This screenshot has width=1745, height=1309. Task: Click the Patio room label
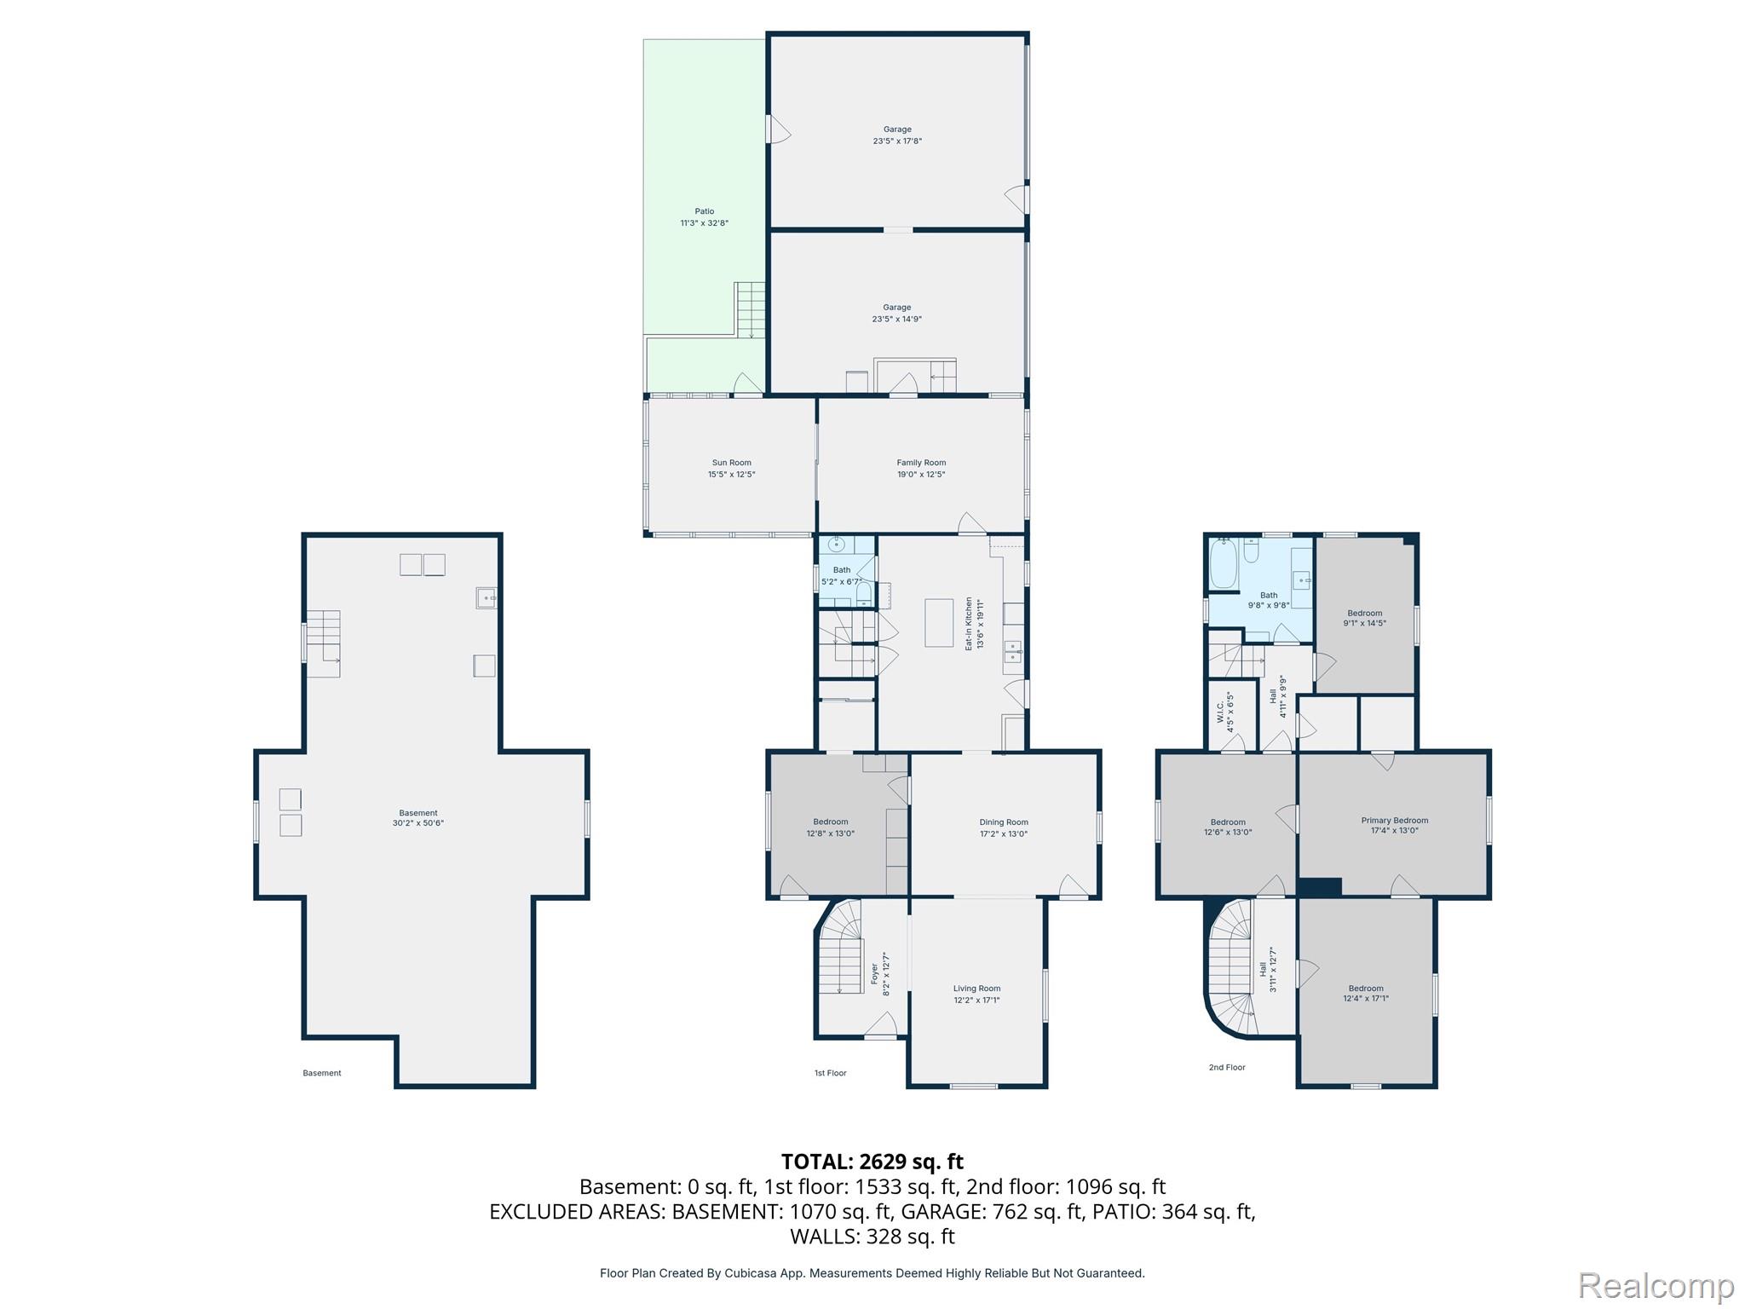704,211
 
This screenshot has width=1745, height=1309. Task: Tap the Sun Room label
732,463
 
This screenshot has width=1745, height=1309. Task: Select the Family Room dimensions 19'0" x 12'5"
921,475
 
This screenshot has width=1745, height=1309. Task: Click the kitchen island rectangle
939,623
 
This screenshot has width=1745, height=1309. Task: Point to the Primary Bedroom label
1395,821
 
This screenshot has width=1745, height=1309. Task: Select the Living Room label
976,989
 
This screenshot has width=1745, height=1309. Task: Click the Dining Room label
1004,822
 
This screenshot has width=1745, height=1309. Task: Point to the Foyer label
874,974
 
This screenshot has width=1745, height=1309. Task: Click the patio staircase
751,309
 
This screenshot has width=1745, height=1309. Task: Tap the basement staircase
324,643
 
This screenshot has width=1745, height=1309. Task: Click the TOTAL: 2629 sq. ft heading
872,1162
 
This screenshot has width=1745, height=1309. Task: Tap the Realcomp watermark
1656,1285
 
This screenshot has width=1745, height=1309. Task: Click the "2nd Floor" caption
1227,1067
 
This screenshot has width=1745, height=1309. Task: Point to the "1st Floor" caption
830,1073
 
